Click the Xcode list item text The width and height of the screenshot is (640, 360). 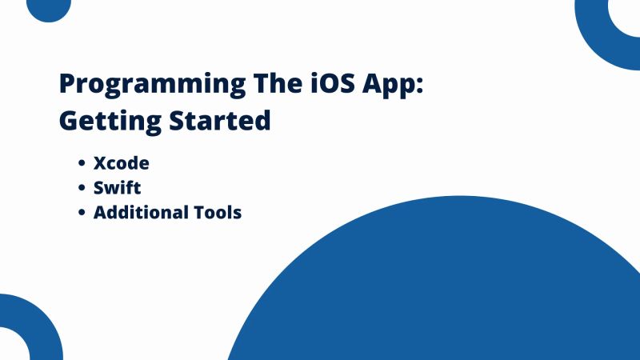pyautogui.click(x=121, y=163)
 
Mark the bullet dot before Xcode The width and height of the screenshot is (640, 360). pyautogui.click(x=82, y=164)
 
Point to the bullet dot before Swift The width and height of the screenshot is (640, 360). pyautogui.click(x=82, y=189)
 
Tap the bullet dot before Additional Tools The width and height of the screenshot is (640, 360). pyautogui.click(x=82, y=214)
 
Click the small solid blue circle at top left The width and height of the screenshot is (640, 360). pyautogui.click(x=49, y=7)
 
